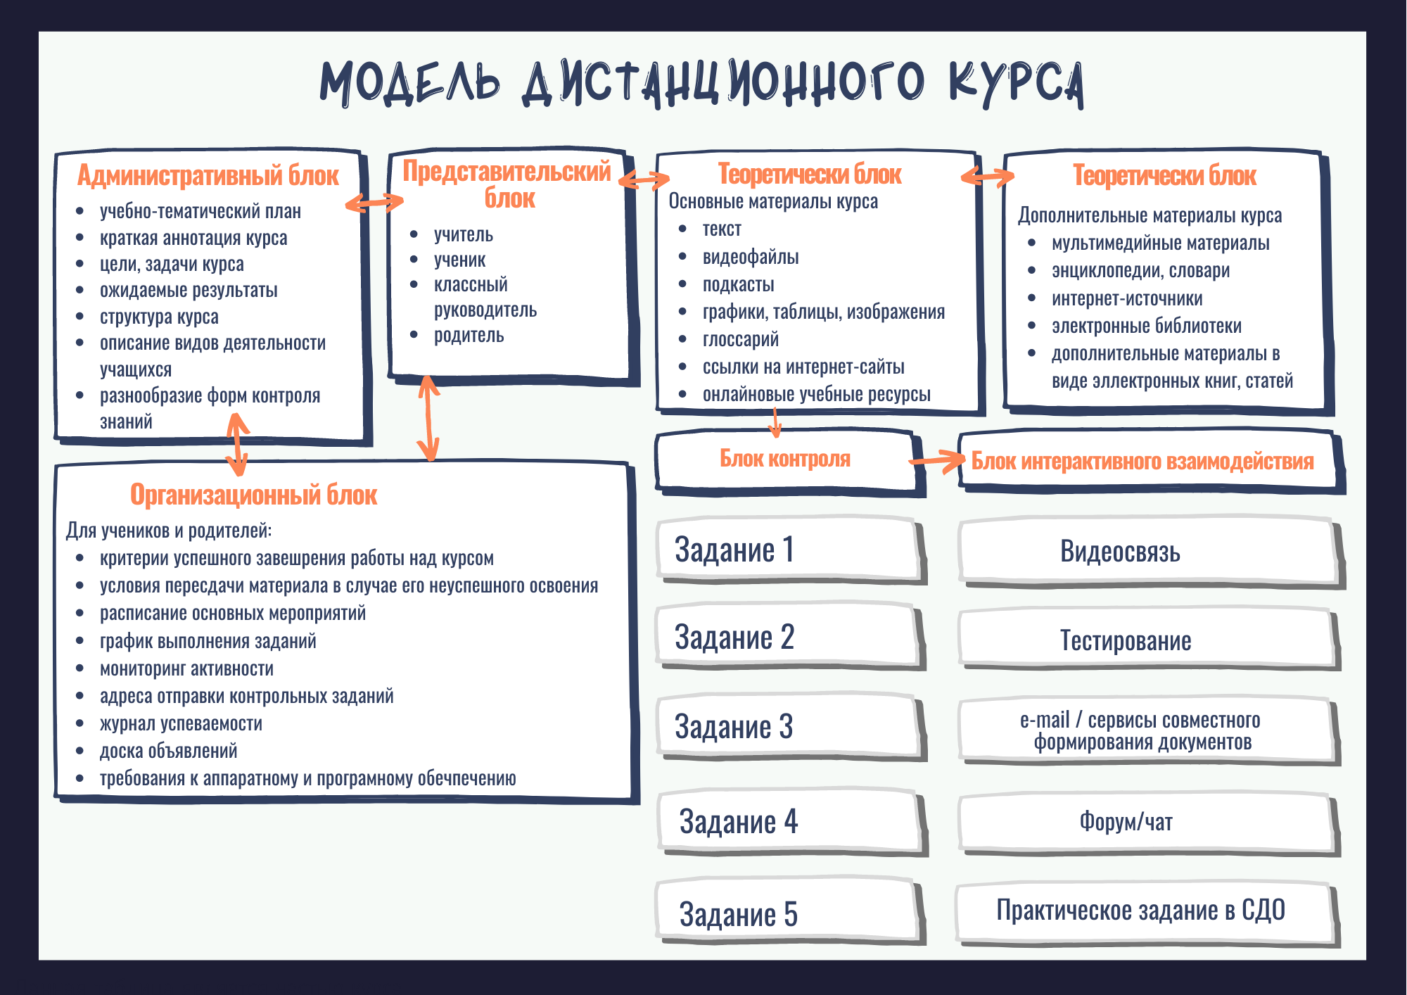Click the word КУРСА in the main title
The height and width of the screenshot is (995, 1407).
tap(1016, 82)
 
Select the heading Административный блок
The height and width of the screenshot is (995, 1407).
tap(208, 175)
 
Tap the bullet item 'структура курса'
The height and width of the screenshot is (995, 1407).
tap(159, 317)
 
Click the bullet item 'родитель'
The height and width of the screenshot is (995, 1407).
tap(469, 335)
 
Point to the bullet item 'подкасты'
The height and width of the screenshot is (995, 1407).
tap(738, 284)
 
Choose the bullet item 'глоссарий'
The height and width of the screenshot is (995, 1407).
tap(740, 339)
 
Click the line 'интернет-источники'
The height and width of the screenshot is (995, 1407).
tap(1126, 298)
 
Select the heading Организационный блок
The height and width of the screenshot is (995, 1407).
tap(253, 495)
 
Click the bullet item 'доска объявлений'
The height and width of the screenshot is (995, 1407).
tap(168, 751)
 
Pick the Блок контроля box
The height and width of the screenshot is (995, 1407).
tap(785, 459)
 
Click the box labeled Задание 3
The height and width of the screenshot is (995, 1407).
tap(788, 727)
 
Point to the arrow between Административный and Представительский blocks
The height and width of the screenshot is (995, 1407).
tap(374, 203)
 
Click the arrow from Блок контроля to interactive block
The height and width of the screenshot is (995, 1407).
tap(937, 461)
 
